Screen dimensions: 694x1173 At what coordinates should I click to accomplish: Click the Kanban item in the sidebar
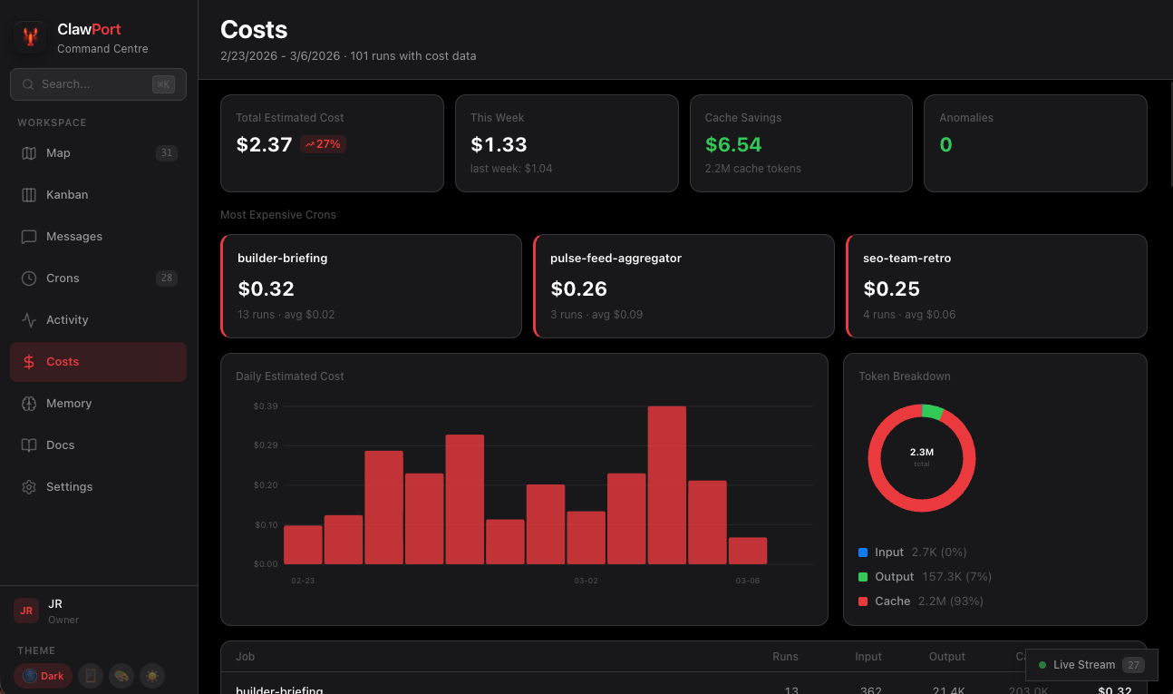[x=67, y=195]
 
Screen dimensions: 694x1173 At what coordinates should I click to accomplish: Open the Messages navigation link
[x=73, y=237]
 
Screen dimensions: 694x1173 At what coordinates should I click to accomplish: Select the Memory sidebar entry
[x=69, y=404]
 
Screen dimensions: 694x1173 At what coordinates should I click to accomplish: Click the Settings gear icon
[x=29, y=487]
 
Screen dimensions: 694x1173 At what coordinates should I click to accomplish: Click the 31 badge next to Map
[x=166, y=153]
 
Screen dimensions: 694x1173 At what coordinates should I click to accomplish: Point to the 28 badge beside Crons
[x=166, y=279]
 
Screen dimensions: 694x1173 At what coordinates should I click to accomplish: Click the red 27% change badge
[x=323, y=144]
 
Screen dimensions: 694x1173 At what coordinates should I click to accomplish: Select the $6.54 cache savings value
[x=733, y=144]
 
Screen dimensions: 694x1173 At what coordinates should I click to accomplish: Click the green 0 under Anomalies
[x=945, y=144]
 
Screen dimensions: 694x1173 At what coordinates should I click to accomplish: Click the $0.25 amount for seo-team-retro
[x=891, y=289]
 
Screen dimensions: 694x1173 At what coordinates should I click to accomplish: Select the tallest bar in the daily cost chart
[x=666, y=484]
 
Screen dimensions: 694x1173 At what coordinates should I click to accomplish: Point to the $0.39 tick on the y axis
[x=266, y=406]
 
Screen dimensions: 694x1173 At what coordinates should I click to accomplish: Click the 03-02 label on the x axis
[x=586, y=581]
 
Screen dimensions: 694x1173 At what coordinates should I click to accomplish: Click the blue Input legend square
[x=863, y=552]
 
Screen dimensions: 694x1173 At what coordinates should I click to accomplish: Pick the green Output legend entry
[x=894, y=577]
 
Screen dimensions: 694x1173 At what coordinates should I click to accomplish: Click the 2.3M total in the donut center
[x=921, y=452]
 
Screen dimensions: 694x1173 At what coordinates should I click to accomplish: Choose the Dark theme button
[x=43, y=676]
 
